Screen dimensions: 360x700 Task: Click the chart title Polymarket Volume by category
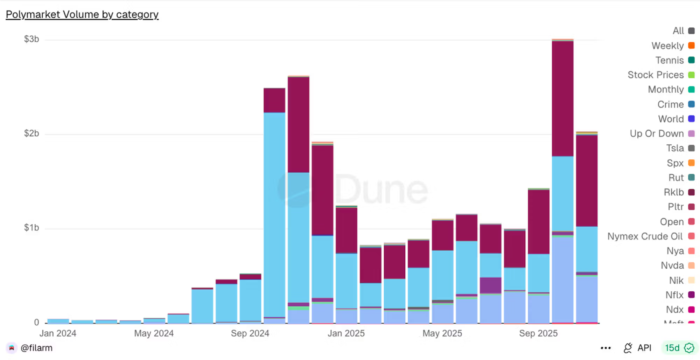pyautogui.click(x=82, y=14)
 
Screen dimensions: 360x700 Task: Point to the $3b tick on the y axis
pyautogui.click(x=31, y=39)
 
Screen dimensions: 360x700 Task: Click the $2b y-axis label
pyautogui.click(x=31, y=133)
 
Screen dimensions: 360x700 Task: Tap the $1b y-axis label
pyautogui.click(x=31, y=228)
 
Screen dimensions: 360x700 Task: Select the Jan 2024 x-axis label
pyautogui.click(x=58, y=333)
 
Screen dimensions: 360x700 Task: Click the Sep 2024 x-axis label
pyautogui.click(x=250, y=333)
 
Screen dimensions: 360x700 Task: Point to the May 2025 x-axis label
pyautogui.click(x=442, y=333)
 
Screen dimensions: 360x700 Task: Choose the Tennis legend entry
pyautogui.click(x=670, y=60)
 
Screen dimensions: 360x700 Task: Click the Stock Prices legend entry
pyautogui.click(x=656, y=75)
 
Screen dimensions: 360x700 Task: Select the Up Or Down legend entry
pyautogui.click(x=657, y=133)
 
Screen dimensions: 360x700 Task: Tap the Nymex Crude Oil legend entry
pyautogui.click(x=645, y=236)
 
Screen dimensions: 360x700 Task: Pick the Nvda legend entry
pyautogui.click(x=672, y=265)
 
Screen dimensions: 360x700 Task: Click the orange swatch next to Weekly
pyautogui.click(x=691, y=46)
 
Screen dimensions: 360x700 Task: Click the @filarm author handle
pyautogui.click(x=36, y=348)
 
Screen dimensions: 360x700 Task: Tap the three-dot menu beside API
pyautogui.click(x=605, y=348)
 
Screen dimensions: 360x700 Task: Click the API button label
pyautogui.click(x=644, y=348)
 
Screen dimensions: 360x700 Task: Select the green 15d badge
pyautogui.click(x=679, y=348)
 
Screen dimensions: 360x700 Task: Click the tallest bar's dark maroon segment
pyautogui.click(x=562, y=98)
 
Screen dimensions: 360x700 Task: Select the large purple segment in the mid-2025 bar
pyautogui.click(x=490, y=285)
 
